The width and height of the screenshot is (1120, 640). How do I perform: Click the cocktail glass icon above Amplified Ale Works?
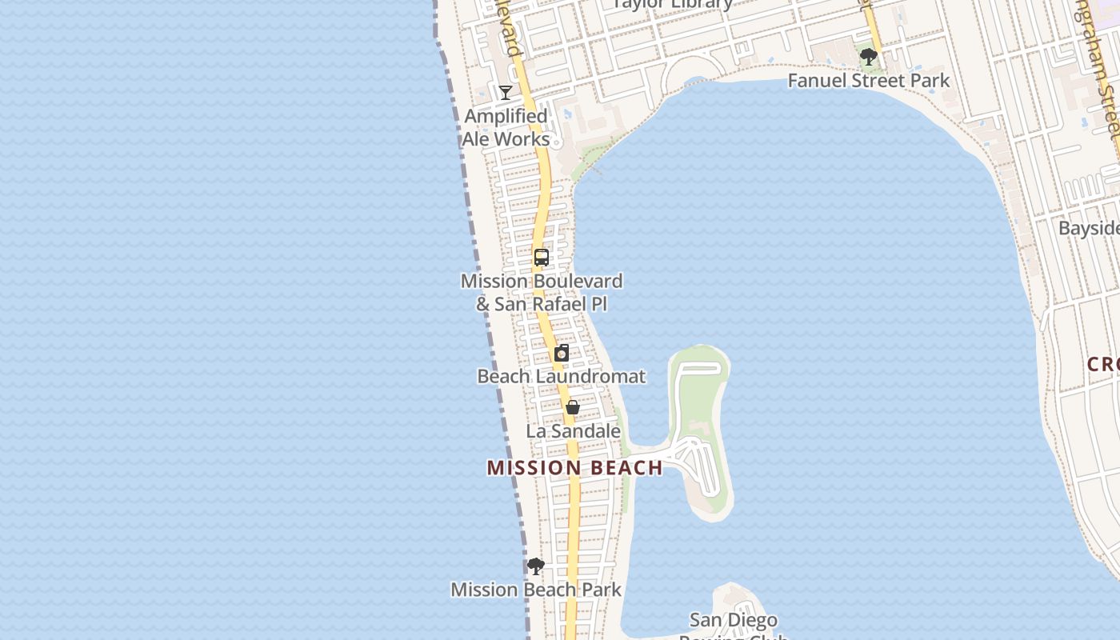(x=506, y=93)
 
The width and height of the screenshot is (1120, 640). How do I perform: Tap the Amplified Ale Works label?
(x=506, y=127)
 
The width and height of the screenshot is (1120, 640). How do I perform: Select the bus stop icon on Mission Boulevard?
(x=542, y=258)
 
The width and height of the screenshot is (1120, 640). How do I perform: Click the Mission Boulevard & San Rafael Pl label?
(x=542, y=293)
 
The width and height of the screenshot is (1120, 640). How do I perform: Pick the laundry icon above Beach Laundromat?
(x=562, y=353)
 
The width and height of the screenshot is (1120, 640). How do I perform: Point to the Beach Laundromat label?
(x=561, y=376)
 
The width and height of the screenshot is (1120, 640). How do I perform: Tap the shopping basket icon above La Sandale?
(x=573, y=407)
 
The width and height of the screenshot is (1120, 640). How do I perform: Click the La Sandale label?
(x=573, y=431)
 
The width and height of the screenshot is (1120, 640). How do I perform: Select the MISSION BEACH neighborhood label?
(x=574, y=468)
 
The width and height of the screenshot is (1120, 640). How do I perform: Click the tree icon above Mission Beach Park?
(x=536, y=566)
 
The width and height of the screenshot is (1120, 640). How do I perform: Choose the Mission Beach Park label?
(x=536, y=590)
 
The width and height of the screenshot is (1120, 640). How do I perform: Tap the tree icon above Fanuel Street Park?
(x=869, y=57)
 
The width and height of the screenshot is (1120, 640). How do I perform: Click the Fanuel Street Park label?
(x=869, y=81)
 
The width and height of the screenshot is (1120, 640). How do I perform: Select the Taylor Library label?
(x=672, y=4)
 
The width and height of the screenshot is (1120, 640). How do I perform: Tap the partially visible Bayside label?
(x=1089, y=229)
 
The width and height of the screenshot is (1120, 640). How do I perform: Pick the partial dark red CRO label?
(x=1103, y=365)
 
